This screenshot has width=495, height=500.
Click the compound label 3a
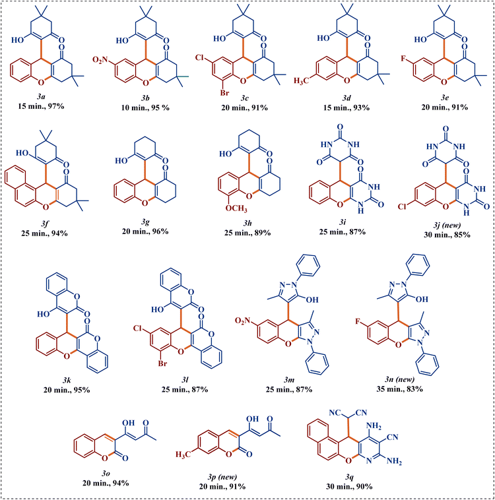tap(40, 96)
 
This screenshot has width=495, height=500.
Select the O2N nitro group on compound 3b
tap(100, 59)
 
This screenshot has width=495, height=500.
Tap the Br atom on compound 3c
tap(225, 93)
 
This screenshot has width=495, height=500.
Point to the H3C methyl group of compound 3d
tap(302, 80)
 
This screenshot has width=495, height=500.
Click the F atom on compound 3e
tap(404, 58)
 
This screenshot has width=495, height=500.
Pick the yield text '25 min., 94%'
tap(44, 234)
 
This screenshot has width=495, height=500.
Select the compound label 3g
tap(145, 222)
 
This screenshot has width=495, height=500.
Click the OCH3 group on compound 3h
tap(236, 208)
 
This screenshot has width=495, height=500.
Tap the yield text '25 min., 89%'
tap(247, 233)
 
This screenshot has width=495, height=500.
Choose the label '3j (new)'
tap(447, 225)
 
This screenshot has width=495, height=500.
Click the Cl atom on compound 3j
tap(403, 206)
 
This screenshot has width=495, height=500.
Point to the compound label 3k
tap(67, 380)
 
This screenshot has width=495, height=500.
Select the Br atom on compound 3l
tap(163, 363)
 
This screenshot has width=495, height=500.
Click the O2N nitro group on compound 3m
tap(243, 321)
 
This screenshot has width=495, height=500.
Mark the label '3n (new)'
tap(399, 379)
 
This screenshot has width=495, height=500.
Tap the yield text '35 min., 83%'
tap(399, 389)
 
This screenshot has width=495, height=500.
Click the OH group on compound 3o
tap(128, 423)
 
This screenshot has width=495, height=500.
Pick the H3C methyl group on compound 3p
tap(183, 454)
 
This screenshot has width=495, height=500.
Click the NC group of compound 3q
tap(335, 413)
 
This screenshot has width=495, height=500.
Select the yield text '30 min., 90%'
tap(349, 487)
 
